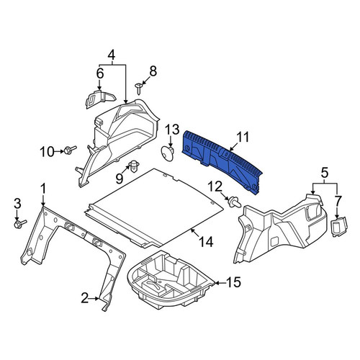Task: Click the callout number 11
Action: coord(243,138)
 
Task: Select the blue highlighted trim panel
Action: coord(221,161)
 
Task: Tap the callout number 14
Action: coord(206,242)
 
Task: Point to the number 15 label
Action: coord(233,282)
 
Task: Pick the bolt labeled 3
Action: coord(20,224)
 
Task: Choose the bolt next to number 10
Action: coord(70,150)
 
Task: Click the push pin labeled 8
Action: coord(138,89)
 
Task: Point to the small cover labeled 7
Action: coord(339,227)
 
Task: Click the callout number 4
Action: coord(111,55)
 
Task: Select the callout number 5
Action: coord(324,173)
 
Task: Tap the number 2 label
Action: coord(84,298)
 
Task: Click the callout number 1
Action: coord(43,189)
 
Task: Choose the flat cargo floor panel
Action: coord(154,207)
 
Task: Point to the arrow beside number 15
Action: coord(220,283)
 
